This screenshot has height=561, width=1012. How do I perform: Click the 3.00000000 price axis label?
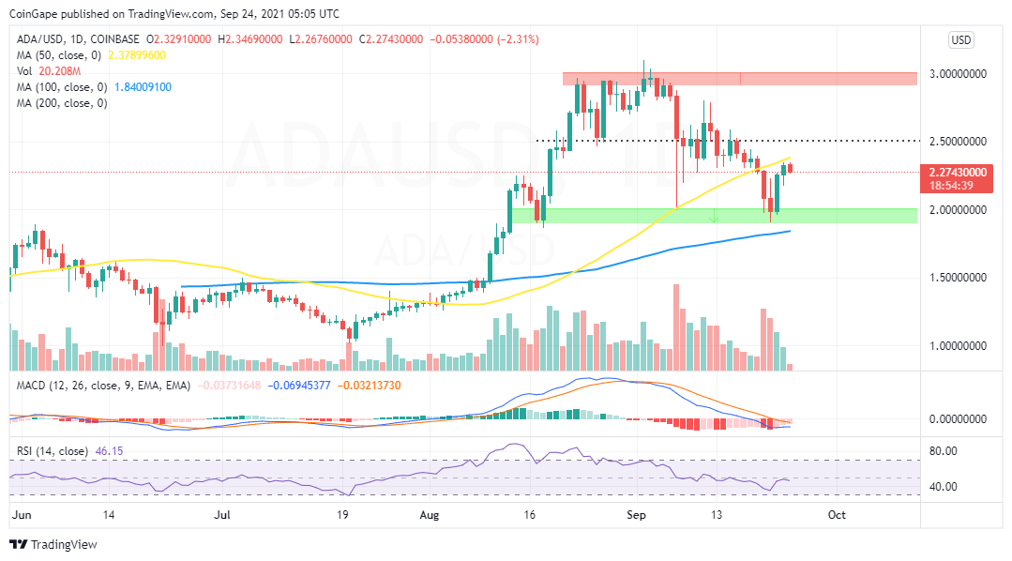963,73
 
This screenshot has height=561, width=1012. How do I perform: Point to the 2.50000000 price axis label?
963,142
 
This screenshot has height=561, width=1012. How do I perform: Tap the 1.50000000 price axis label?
963,278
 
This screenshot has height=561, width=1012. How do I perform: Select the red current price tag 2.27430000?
963,173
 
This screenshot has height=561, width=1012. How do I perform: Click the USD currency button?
961,40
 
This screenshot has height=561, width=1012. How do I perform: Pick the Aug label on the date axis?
429,514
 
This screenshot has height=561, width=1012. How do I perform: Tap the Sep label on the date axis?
637,514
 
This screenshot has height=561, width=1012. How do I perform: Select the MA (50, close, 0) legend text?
57,55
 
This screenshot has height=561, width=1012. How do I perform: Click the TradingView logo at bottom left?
53,544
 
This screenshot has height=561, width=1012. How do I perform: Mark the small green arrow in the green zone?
715,218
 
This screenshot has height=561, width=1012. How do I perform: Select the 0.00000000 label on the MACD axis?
963,419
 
